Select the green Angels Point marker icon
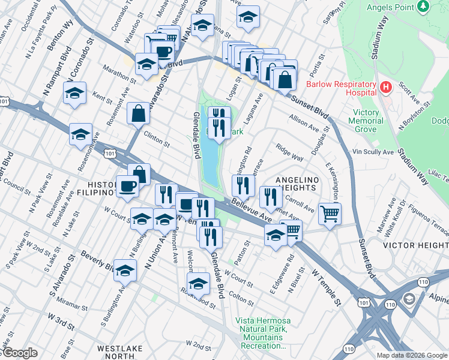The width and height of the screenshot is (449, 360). tap(423, 6)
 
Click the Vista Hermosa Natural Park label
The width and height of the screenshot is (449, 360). tap(263, 333)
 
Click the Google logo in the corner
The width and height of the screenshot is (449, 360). tap(19, 353)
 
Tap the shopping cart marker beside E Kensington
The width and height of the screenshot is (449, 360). tap(330, 213)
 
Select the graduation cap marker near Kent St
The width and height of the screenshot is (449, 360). tap(74, 94)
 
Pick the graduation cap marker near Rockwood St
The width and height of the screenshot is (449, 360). tap(198, 283)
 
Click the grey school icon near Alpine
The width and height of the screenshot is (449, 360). tap(408, 298)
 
